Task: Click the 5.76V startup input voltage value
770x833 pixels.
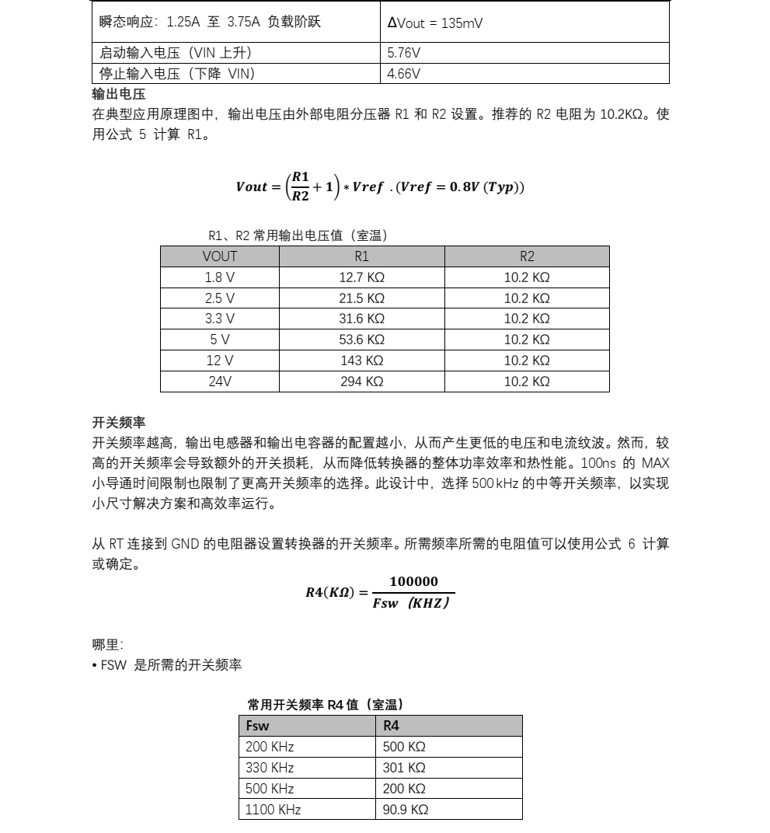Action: tap(404, 54)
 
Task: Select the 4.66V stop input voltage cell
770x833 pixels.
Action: tap(404, 74)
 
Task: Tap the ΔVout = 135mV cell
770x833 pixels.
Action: tap(435, 23)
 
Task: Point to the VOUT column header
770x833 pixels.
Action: tap(220, 256)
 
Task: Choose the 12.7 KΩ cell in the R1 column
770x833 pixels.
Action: tap(362, 277)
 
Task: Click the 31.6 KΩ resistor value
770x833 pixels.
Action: tap(362, 319)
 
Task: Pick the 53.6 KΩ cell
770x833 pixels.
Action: tap(362, 340)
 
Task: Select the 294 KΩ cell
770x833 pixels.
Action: tap(362, 382)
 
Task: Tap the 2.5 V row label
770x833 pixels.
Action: tap(220, 298)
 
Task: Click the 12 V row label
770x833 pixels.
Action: tap(220, 361)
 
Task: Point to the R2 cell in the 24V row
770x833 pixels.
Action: tap(527, 382)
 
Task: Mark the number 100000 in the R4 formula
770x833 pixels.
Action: tap(413, 582)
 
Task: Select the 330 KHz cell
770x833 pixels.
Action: tap(270, 768)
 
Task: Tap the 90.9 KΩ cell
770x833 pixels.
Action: tap(406, 810)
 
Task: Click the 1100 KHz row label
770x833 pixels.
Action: tap(273, 810)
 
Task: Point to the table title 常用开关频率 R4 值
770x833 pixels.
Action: tap(326, 705)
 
